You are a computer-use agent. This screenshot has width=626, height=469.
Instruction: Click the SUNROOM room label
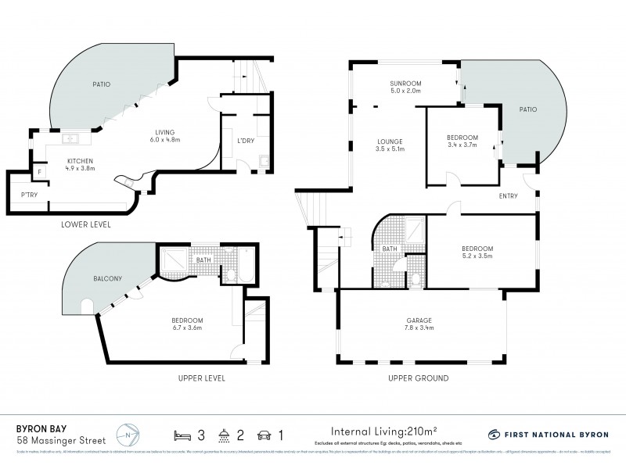[x=405, y=86]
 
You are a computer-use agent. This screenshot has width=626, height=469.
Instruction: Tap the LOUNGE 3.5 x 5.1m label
[x=389, y=145]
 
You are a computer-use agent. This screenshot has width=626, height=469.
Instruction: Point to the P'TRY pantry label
[x=29, y=195]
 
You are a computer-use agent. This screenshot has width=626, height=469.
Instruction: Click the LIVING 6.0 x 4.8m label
[x=164, y=136]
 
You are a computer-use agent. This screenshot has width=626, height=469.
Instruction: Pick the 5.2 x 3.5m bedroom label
[x=477, y=252]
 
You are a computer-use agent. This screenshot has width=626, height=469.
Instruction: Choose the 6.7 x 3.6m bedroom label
[x=188, y=324]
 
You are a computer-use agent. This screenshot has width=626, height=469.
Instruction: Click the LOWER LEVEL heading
[x=85, y=224]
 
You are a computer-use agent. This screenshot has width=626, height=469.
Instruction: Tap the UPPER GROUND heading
[x=418, y=378]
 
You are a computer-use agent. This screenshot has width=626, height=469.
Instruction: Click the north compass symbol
[x=128, y=434]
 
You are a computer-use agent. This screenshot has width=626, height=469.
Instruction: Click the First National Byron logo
[x=547, y=434]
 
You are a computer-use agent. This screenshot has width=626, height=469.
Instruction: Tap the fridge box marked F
[x=39, y=171]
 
